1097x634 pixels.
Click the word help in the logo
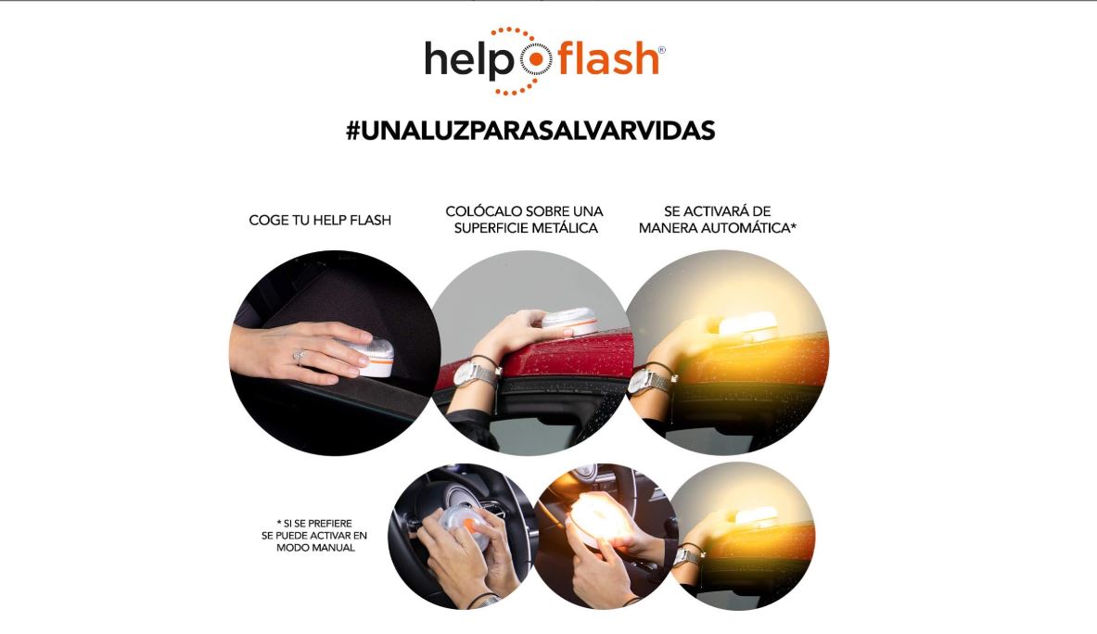[x=469, y=60]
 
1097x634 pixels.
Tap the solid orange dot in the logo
[x=535, y=61]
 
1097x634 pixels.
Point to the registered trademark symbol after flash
[x=661, y=50]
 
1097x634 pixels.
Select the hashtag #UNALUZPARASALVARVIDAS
[x=529, y=131]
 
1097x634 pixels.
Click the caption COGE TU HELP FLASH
[x=320, y=221]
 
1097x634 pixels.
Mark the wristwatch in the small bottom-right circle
[x=687, y=556]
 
